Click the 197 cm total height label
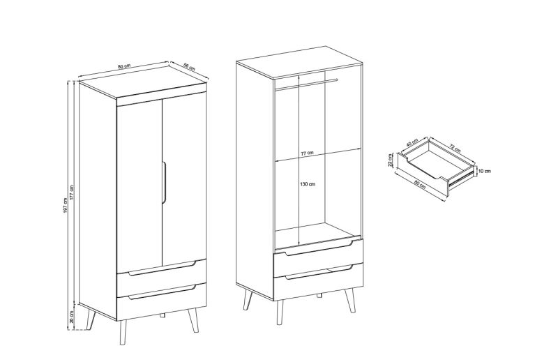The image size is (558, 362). [x=65, y=205]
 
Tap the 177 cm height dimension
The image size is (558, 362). [x=72, y=193]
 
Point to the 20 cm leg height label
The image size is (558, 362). [x=72, y=317]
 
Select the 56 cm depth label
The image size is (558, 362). [x=189, y=66]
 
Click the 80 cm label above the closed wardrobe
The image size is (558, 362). [x=124, y=66]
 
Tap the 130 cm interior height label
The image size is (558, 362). [x=308, y=184]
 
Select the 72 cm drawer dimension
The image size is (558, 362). [x=455, y=148]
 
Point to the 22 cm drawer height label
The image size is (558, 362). [x=391, y=160]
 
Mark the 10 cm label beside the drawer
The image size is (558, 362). [x=484, y=171]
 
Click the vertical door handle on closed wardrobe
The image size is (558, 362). [x=165, y=183]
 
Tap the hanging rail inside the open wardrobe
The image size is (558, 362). [x=306, y=84]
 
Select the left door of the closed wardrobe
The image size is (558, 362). [x=139, y=185]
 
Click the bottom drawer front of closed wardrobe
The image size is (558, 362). [x=162, y=302]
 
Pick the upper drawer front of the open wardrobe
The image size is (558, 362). [x=319, y=257]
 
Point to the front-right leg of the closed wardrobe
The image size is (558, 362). [x=193, y=320]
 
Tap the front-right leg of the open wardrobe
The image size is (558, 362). [x=351, y=301]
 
